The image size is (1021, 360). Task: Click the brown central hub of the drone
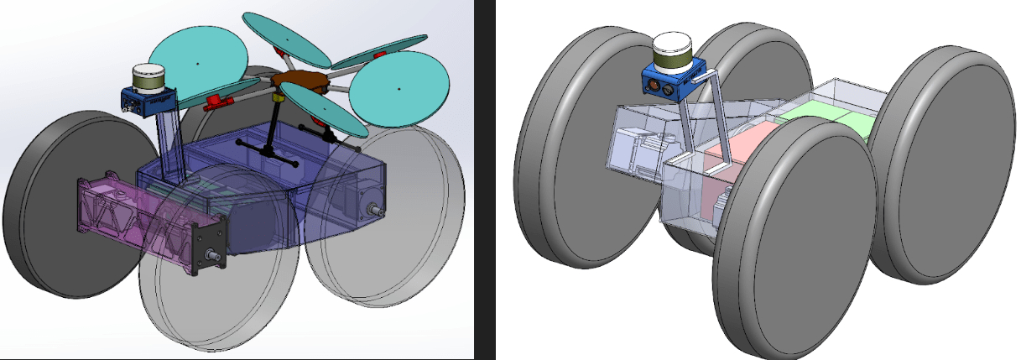302,81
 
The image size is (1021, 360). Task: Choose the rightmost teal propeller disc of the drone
398,90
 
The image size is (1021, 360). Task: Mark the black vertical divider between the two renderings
484,180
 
